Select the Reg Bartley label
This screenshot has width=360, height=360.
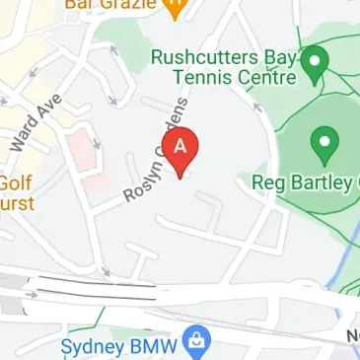pyautogui.click(x=302, y=182)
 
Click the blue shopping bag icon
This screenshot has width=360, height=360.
pyautogui.click(x=199, y=340)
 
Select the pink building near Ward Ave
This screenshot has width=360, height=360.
pyautogui.click(x=86, y=163)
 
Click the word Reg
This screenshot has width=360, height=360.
pyautogui.click(x=267, y=183)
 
